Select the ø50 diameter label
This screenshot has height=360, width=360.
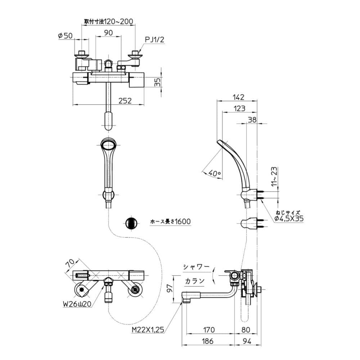[x=65, y=35]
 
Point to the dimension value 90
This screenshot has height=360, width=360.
[x=108, y=32]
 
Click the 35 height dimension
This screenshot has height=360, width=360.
[x=157, y=82]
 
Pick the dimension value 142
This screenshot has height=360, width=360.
[x=238, y=97]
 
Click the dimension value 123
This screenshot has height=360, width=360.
[x=239, y=108]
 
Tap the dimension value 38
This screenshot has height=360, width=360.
[x=252, y=120]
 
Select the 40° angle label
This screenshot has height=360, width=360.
[x=214, y=173]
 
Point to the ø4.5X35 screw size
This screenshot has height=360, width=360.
[x=288, y=219]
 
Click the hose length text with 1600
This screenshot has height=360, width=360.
[x=170, y=222]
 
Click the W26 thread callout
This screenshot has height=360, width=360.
[x=76, y=304]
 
